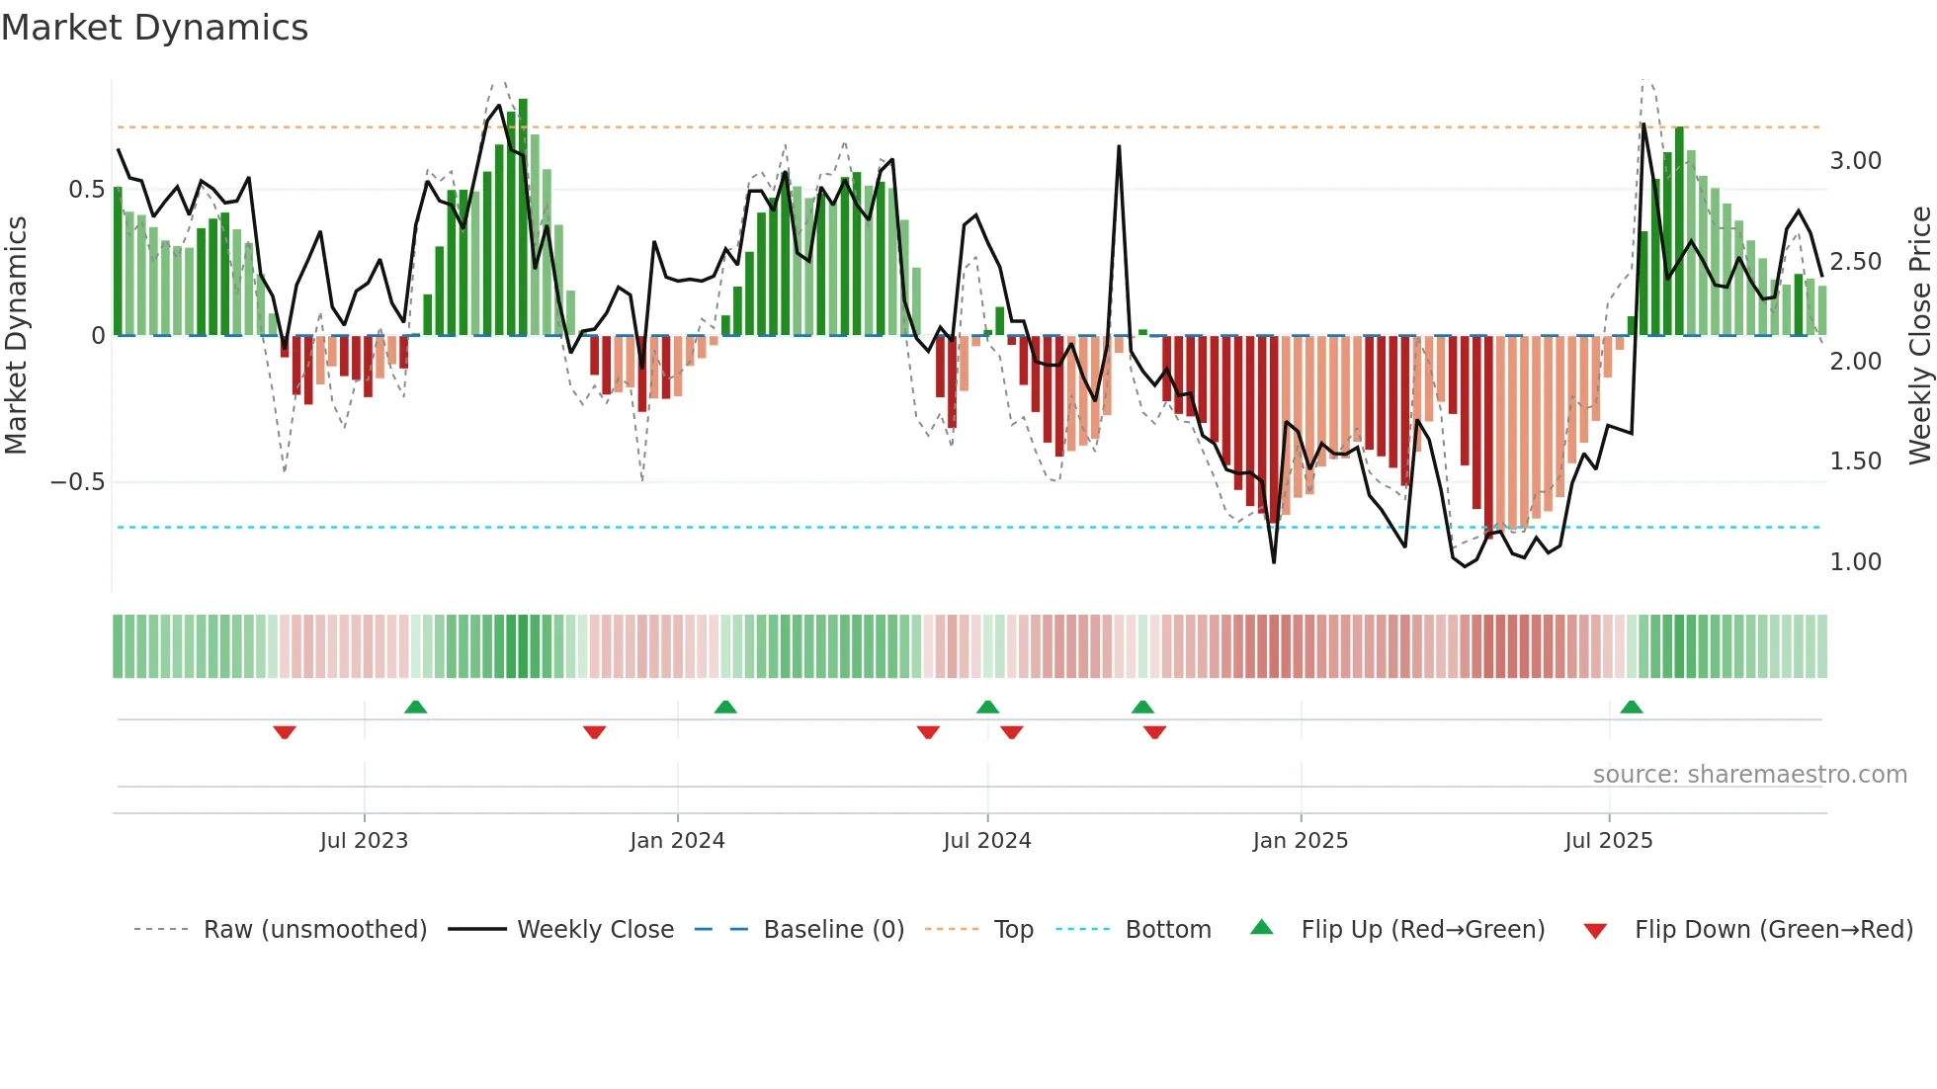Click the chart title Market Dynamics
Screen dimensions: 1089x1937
tap(154, 28)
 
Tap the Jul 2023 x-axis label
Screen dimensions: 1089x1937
tap(364, 841)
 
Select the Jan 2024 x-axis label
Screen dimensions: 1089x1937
tap(677, 841)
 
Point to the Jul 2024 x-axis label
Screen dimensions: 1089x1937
tap(986, 841)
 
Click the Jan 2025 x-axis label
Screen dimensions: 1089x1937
tap(1300, 841)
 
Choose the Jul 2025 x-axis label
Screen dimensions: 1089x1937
tap(1608, 841)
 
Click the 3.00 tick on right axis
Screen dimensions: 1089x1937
tap(1855, 161)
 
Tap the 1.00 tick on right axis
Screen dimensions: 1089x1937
tap(1855, 562)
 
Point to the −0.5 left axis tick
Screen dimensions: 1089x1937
tap(77, 482)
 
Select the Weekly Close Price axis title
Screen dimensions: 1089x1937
tap(1919, 336)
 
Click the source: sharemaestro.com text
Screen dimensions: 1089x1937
tap(1749, 775)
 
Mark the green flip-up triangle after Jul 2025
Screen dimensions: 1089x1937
tap(1632, 708)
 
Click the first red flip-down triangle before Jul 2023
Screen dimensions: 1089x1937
tap(285, 732)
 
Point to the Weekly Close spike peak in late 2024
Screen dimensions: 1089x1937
tap(1119, 147)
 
